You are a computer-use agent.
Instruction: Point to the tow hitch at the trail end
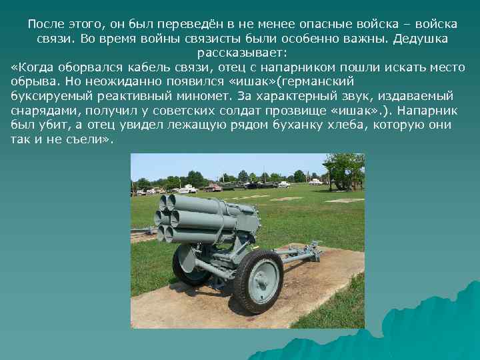[x=313, y=253]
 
